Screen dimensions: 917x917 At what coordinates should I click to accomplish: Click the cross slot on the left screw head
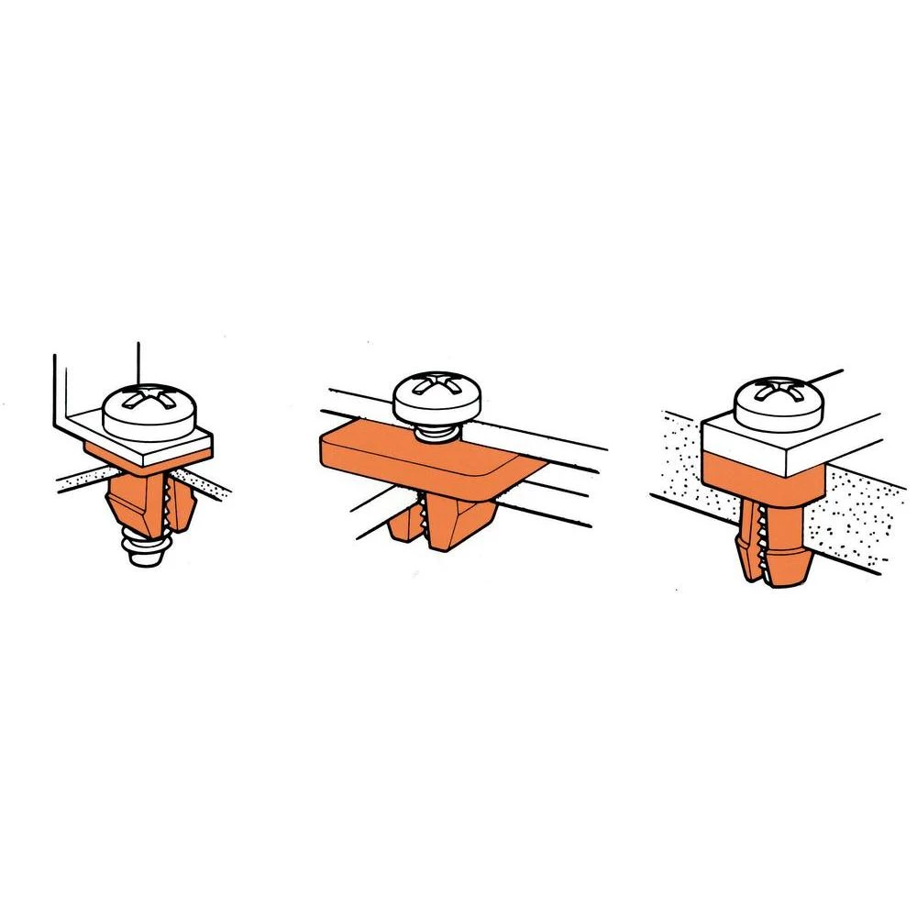pyautogui.click(x=149, y=400)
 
